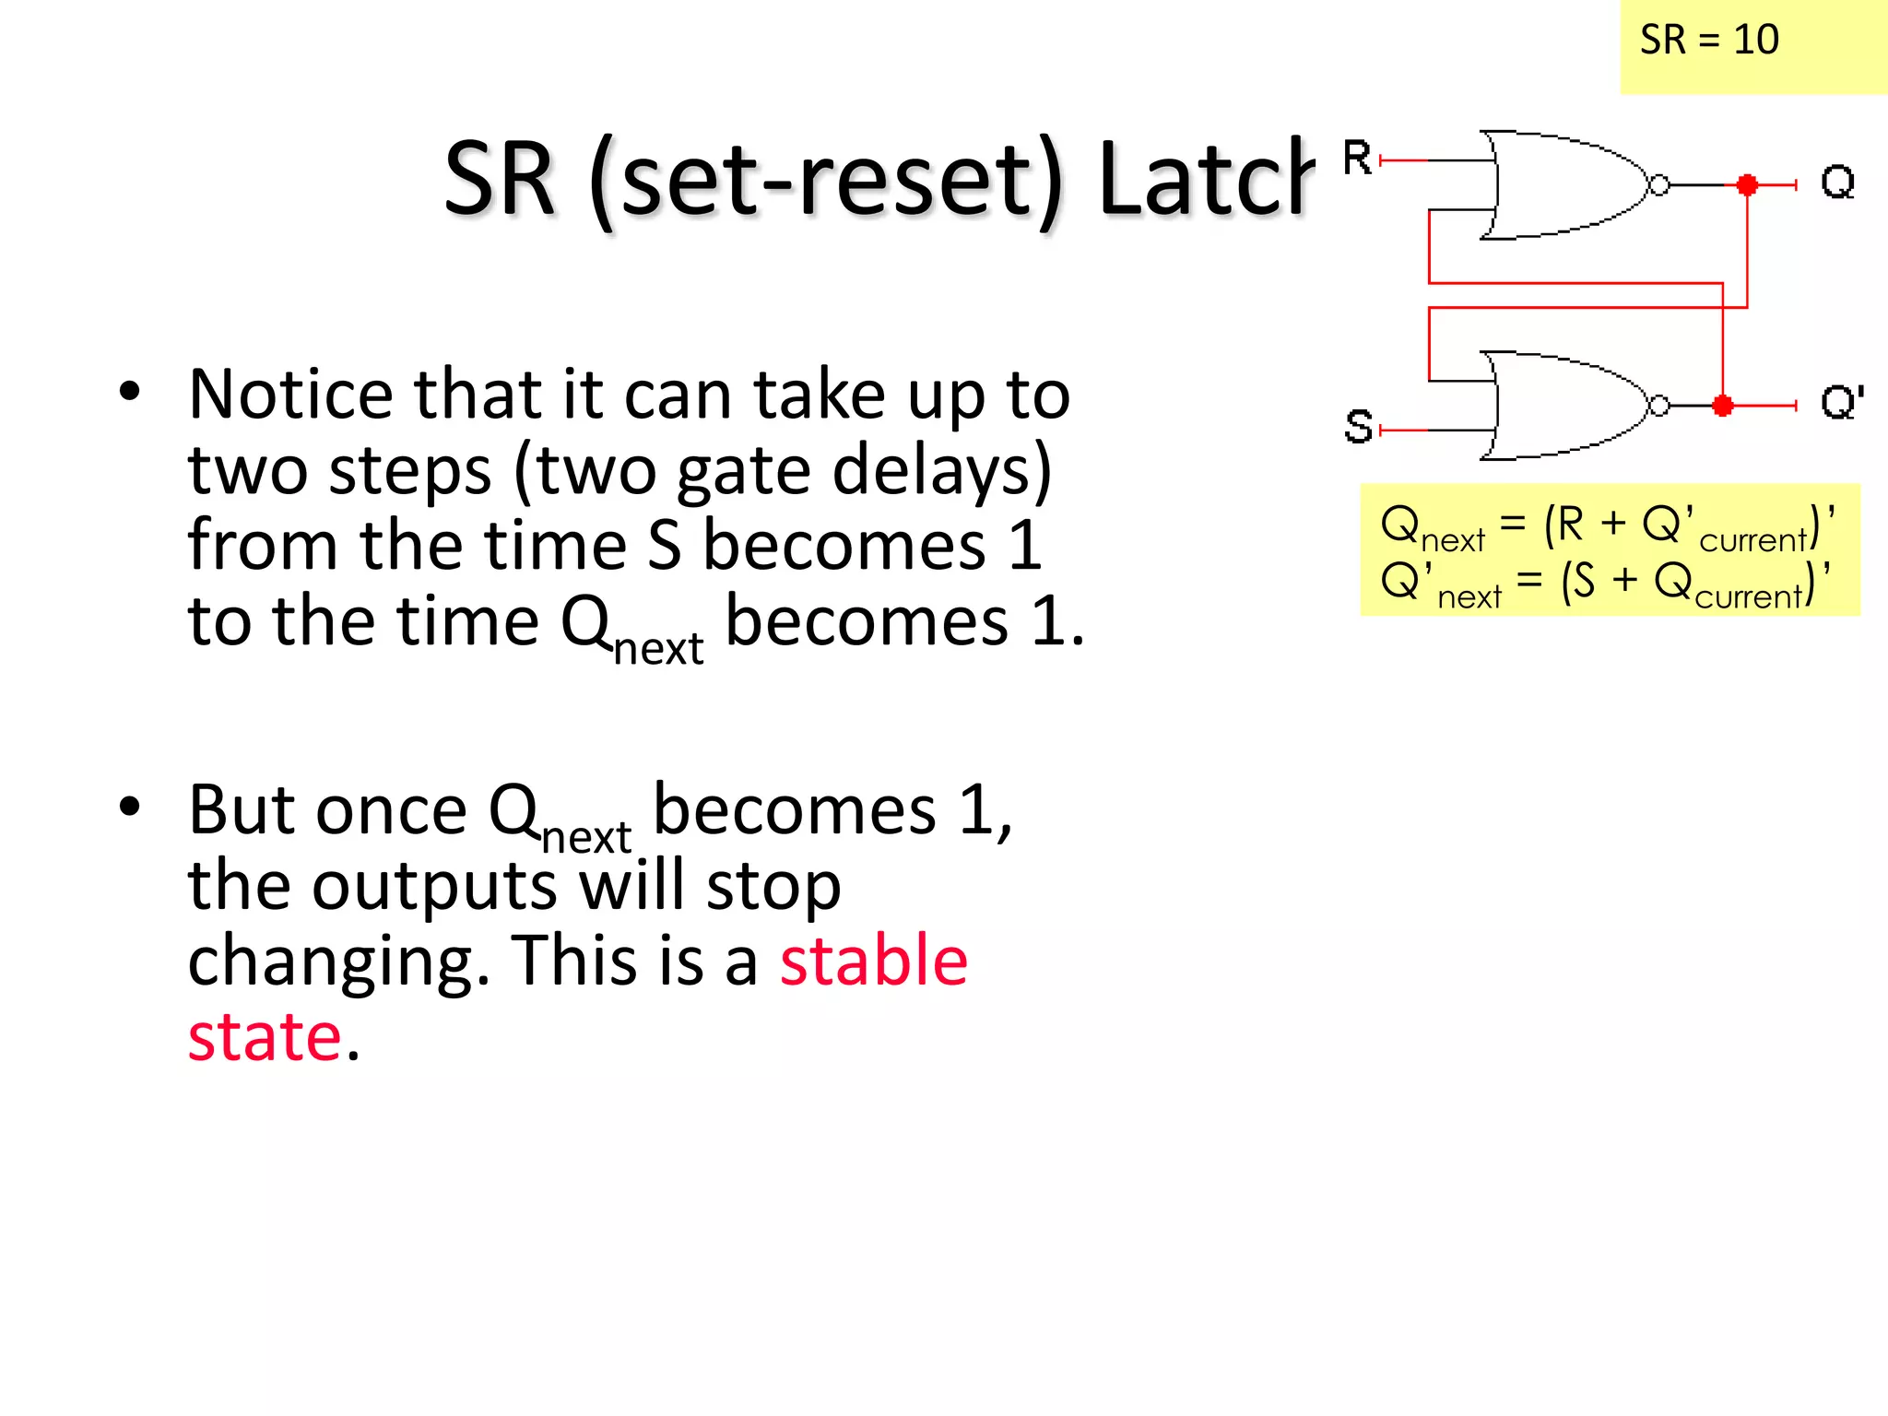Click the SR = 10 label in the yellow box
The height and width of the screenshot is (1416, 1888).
click(x=1708, y=40)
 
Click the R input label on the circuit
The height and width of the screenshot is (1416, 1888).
click(x=1357, y=158)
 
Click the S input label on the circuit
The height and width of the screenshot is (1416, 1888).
click(x=1358, y=427)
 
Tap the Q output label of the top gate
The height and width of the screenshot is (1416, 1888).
click(x=1837, y=182)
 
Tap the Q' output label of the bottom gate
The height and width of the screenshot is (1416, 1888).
click(x=1841, y=403)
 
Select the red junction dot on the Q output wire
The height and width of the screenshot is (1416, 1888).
click(x=1747, y=184)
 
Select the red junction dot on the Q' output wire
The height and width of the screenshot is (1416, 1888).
click(x=1722, y=405)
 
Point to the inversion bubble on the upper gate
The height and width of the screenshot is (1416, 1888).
click(x=1658, y=185)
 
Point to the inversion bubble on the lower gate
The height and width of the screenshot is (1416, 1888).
click(x=1658, y=406)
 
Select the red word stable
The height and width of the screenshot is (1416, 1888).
click(x=873, y=961)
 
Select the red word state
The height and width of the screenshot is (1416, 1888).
click(x=265, y=1036)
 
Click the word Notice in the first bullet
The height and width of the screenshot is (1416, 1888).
click(x=291, y=395)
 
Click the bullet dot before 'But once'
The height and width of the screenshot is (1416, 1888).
click(x=130, y=807)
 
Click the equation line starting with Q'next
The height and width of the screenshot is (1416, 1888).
click(x=1605, y=584)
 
